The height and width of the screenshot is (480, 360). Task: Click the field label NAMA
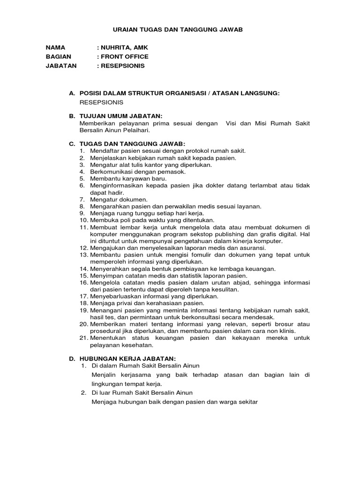pos(55,48)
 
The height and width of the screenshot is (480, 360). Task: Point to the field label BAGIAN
pos(58,57)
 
